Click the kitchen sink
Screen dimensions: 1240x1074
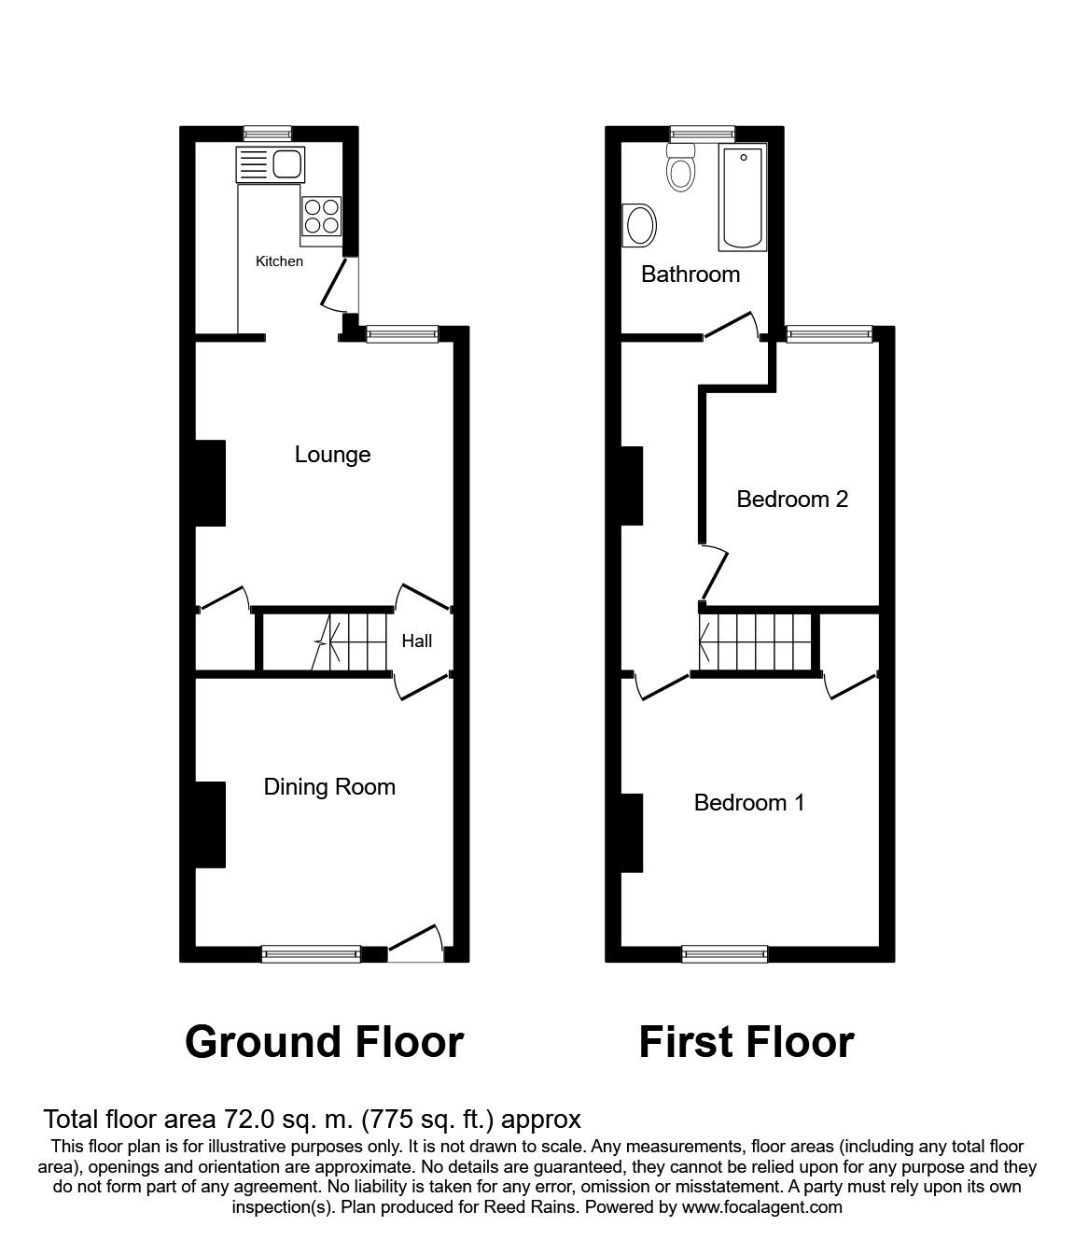(x=270, y=165)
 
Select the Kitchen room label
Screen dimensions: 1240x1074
(x=279, y=261)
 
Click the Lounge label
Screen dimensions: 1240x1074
(x=332, y=455)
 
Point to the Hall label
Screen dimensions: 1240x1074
(x=417, y=641)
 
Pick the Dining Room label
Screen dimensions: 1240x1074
(x=329, y=787)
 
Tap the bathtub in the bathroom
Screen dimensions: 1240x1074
(x=743, y=197)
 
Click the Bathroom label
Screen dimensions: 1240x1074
(x=690, y=275)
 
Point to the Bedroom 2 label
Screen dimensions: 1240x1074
(x=792, y=500)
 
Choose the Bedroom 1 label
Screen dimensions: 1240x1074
(x=749, y=803)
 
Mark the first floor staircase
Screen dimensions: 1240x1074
(x=756, y=642)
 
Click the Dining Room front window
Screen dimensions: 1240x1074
(x=311, y=953)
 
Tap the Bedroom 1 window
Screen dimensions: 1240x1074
(x=725, y=953)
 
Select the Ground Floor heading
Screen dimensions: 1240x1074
(x=324, y=1042)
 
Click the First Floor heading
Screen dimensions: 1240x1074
(x=746, y=1042)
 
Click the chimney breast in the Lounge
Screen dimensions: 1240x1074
(x=210, y=482)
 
